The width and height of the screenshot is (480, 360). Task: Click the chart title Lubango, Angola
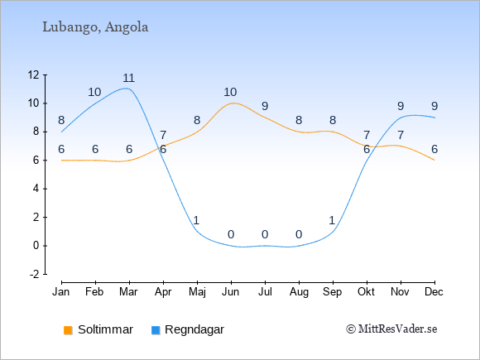[95, 27]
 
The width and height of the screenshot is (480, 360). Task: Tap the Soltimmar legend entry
[98, 329]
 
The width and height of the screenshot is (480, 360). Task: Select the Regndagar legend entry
[188, 329]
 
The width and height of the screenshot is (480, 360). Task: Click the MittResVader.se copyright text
[391, 329]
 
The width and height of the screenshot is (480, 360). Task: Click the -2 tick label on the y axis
[34, 274]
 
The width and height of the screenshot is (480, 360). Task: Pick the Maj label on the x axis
[197, 292]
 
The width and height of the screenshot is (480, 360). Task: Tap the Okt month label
[366, 292]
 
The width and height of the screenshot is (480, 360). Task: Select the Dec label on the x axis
[434, 292]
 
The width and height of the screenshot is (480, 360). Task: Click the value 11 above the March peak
[129, 78]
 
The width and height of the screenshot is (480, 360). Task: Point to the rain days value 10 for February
[94, 92]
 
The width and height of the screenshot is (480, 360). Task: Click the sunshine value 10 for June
[230, 92]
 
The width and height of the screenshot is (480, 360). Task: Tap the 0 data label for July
[265, 235]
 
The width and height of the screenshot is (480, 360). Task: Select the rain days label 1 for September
[333, 220]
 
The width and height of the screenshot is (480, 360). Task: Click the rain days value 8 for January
[61, 120]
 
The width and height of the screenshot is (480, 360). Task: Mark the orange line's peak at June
[233, 103]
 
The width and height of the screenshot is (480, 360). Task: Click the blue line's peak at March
[126, 89]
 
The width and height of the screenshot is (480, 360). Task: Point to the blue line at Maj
[197, 232]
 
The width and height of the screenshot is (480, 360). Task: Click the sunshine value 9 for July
[265, 106]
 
